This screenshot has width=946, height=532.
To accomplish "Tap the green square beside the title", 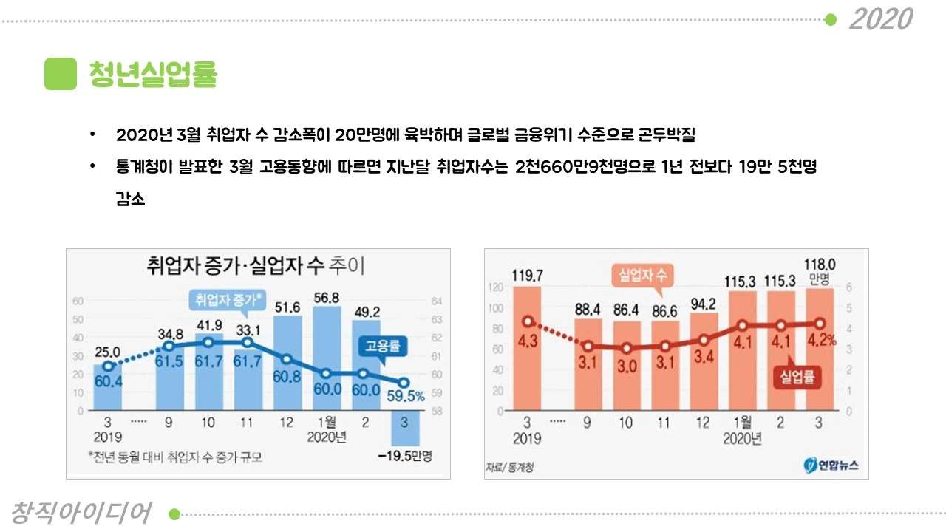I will point(61,74).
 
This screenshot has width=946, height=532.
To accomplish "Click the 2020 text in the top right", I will point(880,18).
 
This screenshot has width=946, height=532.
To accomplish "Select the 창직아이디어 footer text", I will point(81,512).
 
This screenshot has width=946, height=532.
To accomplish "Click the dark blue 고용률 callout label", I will point(384,346).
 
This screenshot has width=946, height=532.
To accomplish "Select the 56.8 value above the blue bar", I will point(326,297).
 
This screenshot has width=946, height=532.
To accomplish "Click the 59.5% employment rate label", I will point(405,396).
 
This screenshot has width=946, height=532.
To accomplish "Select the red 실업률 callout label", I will point(797,378).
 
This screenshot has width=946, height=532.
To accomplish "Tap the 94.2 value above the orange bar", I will point(703,304).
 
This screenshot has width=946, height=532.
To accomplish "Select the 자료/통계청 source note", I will point(509,467).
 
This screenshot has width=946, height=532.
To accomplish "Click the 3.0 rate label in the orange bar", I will point(627,367).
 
